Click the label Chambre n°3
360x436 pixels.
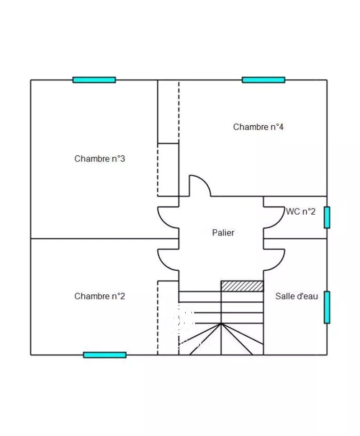pos(99,159)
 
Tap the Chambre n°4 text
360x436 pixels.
pos(258,127)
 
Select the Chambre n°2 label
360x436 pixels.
pos(99,296)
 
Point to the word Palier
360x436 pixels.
pos(223,233)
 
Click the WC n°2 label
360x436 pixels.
pos(301,212)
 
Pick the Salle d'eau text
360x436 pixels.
pos(296,296)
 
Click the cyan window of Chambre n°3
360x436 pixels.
pos(94,80)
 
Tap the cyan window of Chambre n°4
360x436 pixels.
pos(263,80)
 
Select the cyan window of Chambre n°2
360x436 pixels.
pos(105,355)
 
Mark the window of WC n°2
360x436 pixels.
pos(327,218)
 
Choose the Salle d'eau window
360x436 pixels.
pos(327,307)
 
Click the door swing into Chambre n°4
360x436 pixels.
pos(200,186)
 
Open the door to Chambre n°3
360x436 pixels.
pos(168,218)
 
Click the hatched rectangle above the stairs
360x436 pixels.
pos(242,286)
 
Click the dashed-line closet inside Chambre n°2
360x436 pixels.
pos(168,318)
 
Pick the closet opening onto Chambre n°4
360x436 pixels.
pos(168,112)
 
